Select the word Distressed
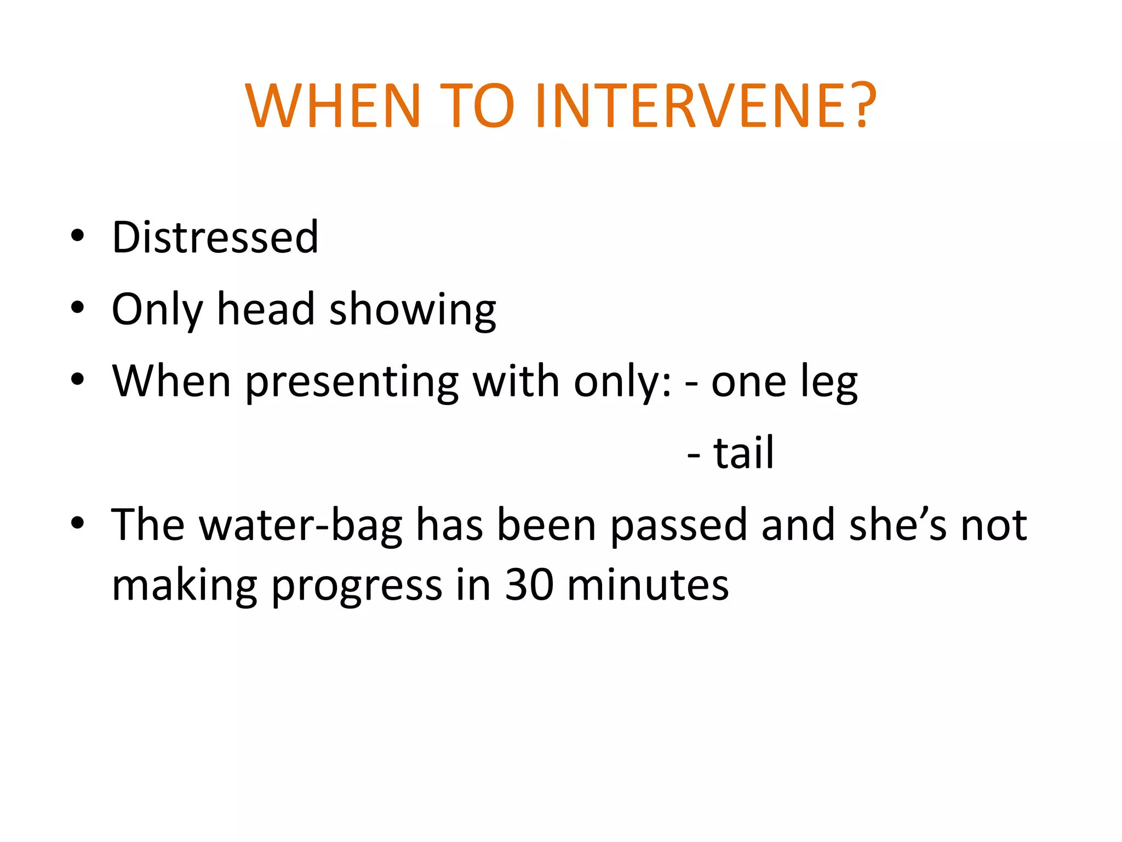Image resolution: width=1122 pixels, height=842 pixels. (215, 237)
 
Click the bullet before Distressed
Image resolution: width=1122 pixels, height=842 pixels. (77, 236)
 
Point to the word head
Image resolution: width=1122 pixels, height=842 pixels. (266, 309)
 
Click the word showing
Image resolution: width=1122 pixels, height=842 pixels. (413, 310)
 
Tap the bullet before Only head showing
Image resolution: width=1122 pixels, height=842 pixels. (77, 308)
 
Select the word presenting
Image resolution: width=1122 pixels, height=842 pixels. (351, 382)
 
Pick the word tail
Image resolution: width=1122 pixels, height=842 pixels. (743, 453)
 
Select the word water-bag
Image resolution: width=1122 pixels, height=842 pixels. (300, 525)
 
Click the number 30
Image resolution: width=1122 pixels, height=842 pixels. (529, 585)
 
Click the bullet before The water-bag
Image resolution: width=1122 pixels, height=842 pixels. (77, 523)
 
